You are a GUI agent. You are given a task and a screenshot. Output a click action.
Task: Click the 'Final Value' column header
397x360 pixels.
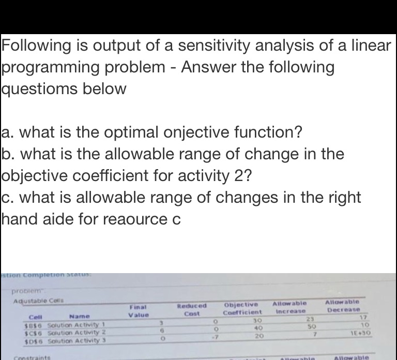point(139,310)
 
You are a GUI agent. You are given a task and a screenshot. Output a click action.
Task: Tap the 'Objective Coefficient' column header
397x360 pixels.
point(243,308)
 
